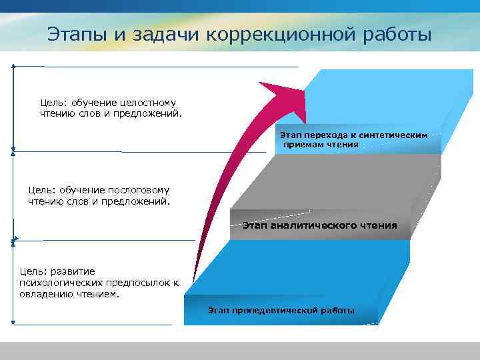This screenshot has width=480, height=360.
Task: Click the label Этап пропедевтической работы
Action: pyautogui.click(x=281, y=311)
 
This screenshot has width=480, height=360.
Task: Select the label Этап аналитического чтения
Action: pyautogui.click(x=319, y=225)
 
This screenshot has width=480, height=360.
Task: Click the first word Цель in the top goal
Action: pyautogui.click(x=52, y=103)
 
